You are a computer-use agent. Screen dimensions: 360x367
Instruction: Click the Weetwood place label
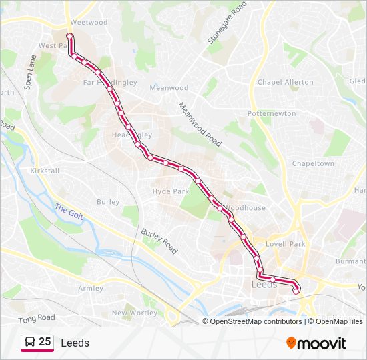point(89,22)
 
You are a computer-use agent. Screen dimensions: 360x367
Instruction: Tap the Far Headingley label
point(109,83)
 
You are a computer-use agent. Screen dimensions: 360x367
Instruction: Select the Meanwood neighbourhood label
point(169,88)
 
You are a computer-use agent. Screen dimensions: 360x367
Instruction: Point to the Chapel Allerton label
point(285,82)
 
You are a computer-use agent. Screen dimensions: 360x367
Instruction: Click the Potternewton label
point(272,113)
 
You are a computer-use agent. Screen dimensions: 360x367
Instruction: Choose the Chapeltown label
point(313,163)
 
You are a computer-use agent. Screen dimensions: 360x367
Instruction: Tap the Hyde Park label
point(171,191)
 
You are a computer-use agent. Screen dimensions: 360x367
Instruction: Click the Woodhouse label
point(246,208)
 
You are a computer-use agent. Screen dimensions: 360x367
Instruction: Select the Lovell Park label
point(285,245)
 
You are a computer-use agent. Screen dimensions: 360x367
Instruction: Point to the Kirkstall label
point(45,171)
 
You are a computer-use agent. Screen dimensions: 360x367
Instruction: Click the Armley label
point(91,289)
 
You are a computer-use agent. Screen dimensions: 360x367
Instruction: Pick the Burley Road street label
point(159,241)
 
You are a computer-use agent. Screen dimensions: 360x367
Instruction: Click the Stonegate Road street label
point(227,23)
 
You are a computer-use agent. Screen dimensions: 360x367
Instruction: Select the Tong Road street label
point(37,317)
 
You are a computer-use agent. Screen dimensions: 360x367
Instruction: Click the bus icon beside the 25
point(30,342)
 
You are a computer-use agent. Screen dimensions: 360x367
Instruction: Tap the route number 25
point(45,342)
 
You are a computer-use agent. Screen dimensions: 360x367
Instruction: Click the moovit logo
point(316,343)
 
